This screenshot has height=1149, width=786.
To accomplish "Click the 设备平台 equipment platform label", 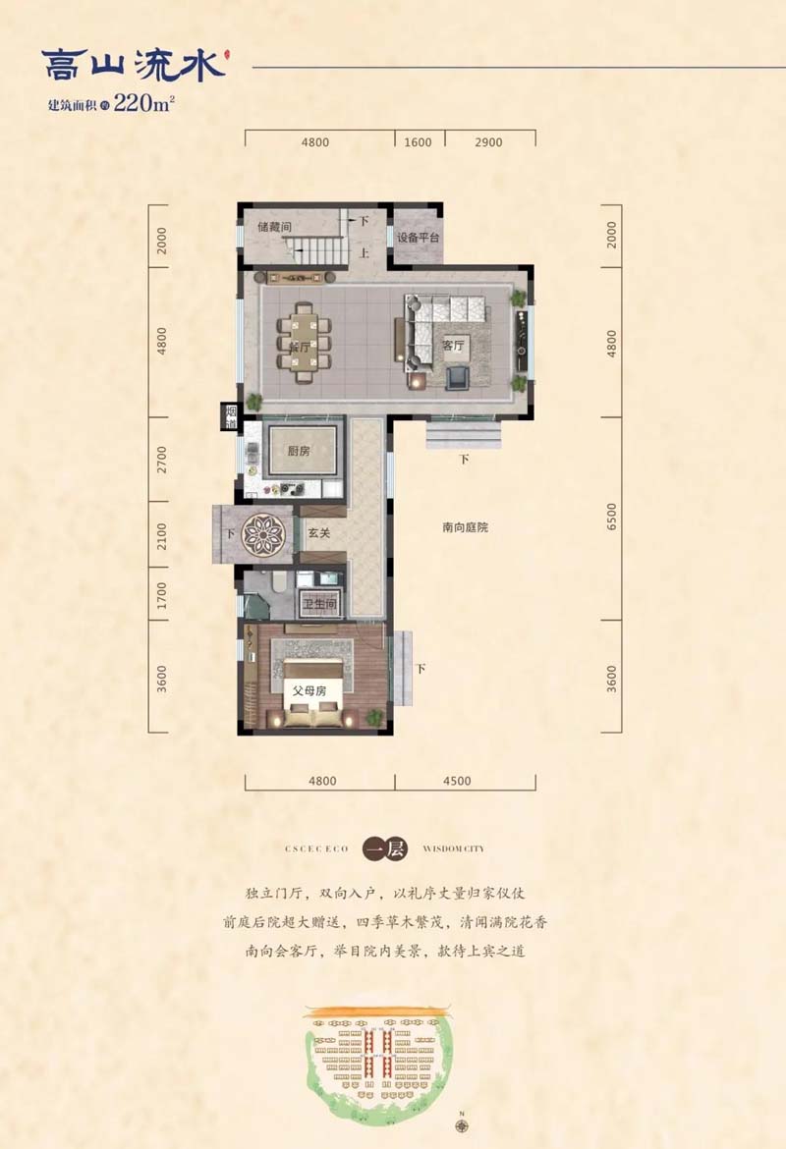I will coord(418,239).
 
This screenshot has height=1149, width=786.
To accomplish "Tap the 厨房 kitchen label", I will coord(299,452).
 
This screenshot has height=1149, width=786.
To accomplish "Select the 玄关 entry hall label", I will coord(318,532).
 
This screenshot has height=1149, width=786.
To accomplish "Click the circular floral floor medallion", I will coord(262,534).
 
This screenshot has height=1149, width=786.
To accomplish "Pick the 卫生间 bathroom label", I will coord(320,606).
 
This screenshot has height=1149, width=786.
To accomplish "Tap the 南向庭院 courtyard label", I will coord(465,527).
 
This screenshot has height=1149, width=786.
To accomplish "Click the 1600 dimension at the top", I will coord(418,142).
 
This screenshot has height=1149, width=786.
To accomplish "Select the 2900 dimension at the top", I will coord(488,142).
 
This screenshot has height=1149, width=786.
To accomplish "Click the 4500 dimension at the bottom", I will coord(457,782).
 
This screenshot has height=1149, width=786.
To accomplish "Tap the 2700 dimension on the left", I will coord(162,459).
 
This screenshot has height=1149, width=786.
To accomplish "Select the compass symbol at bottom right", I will coord(461,1122).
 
